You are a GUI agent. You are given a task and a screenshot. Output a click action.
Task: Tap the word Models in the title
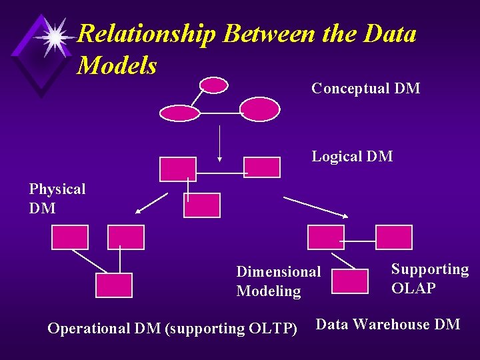[x=117, y=65]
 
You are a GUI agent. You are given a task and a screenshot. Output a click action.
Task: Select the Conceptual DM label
[x=365, y=89]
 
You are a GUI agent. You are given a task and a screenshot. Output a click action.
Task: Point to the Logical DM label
[x=352, y=157]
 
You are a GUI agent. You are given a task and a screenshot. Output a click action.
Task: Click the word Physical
[x=57, y=189]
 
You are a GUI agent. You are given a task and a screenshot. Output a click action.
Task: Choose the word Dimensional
[x=279, y=272]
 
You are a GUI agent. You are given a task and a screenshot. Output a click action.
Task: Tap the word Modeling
[x=269, y=291]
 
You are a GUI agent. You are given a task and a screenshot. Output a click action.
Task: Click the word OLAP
[x=413, y=289]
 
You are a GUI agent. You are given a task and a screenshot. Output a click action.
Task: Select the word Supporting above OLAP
[x=430, y=269]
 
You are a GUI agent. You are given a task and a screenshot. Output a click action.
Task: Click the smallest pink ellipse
[x=214, y=85]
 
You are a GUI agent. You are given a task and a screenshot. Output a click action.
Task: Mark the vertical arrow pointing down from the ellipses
[x=221, y=143]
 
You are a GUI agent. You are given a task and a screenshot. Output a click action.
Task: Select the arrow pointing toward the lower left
[x=151, y=203]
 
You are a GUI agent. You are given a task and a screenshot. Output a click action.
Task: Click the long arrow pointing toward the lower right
[x=316, y=207]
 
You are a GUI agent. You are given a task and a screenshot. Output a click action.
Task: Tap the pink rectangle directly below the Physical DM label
[x=70, y=237]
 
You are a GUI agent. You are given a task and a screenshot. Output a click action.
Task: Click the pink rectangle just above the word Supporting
[x=394, y=237]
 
